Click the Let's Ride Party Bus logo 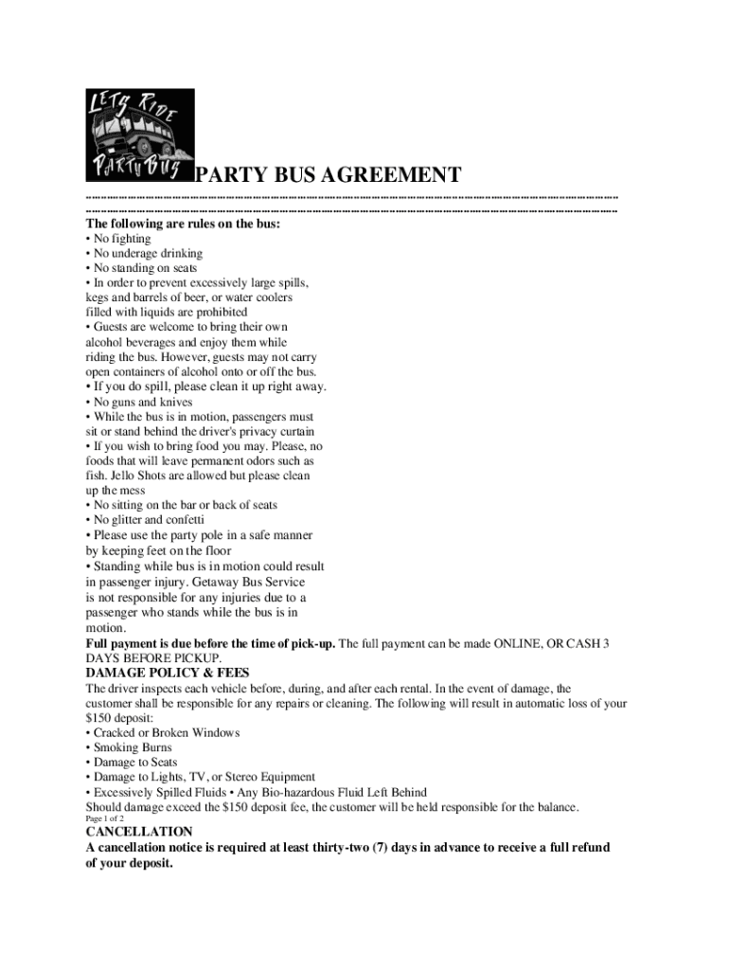point(140,135)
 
